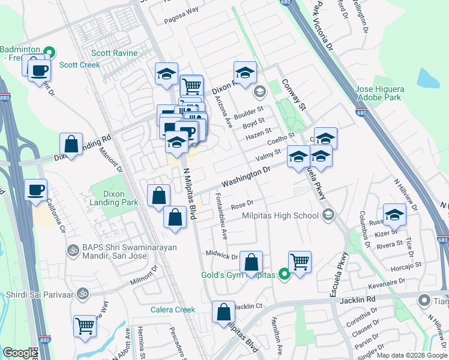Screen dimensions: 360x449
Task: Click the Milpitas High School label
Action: [280, 216]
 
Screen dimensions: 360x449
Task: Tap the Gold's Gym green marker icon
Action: [285, 275]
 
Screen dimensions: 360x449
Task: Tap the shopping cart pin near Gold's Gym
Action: [300, 262]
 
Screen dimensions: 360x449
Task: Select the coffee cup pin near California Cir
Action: [35, 190]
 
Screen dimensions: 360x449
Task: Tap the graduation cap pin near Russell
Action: [395, 214]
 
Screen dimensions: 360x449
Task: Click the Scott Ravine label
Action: [115, 53]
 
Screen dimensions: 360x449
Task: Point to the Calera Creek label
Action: [173, 310]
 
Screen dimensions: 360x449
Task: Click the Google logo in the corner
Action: [20, 353]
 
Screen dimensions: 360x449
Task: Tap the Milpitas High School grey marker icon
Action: [328, 215]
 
